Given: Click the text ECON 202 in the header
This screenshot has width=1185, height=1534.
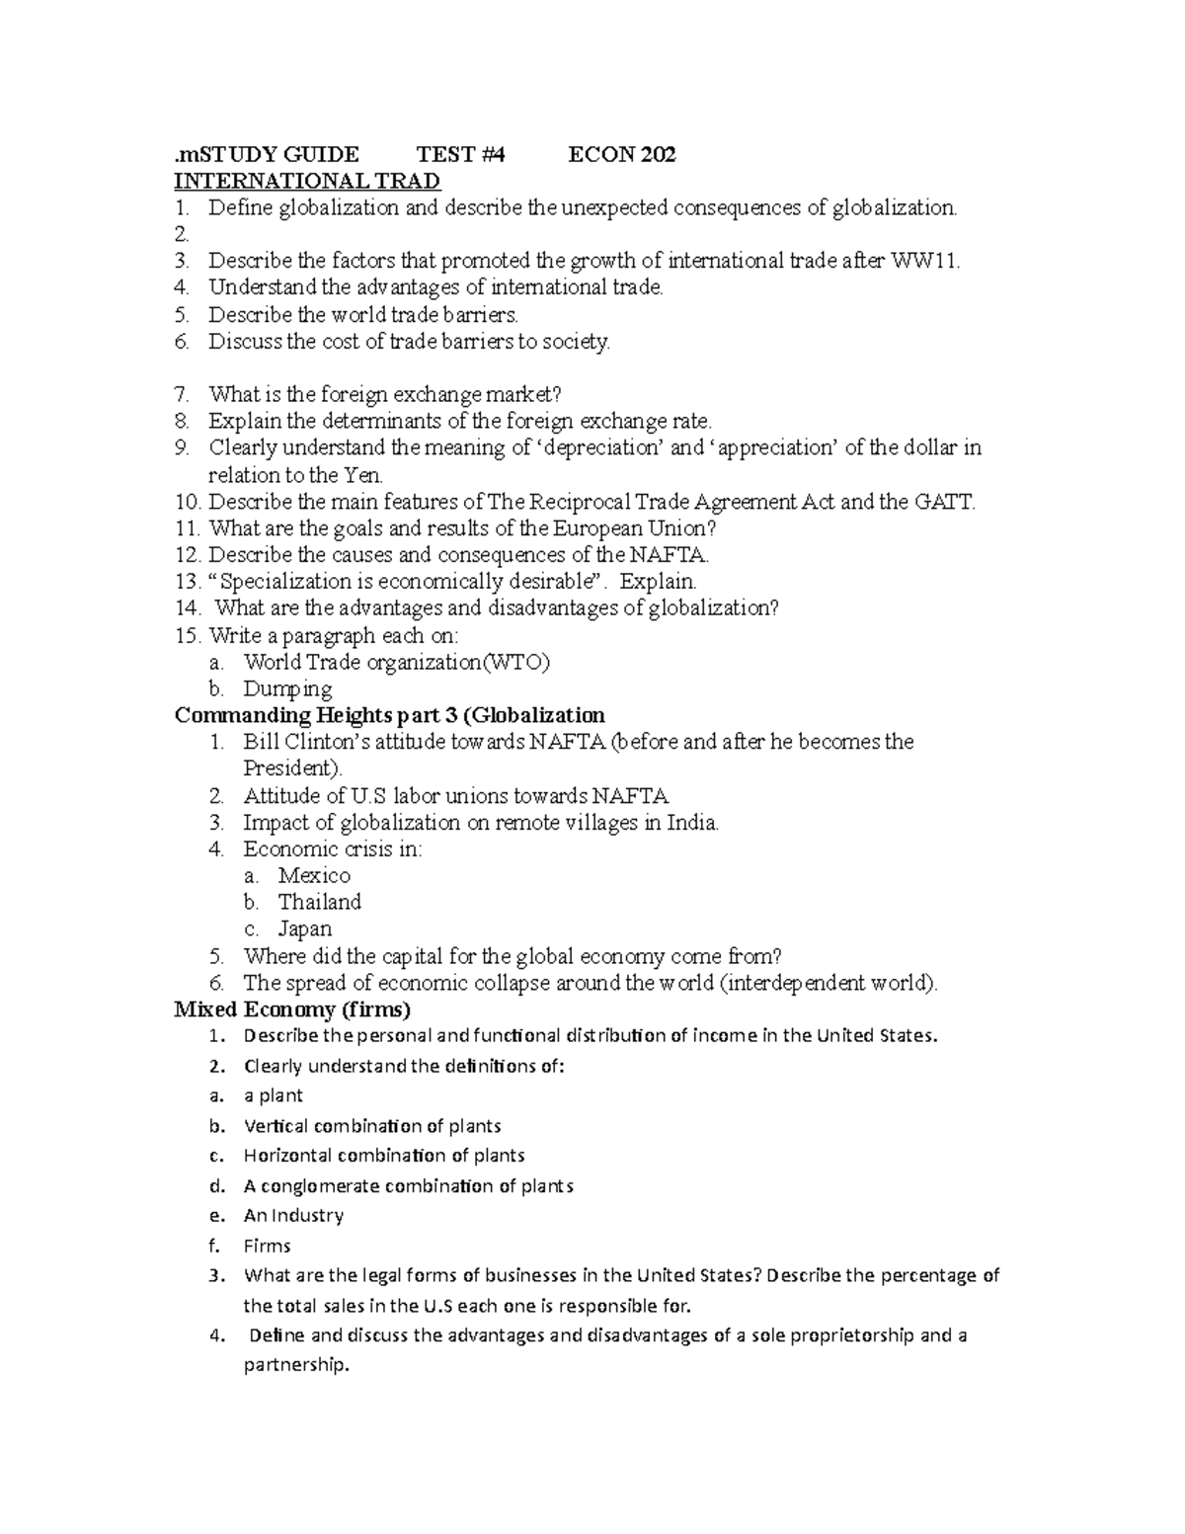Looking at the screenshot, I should (621, 154).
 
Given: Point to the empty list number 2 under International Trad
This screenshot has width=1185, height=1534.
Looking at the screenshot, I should (180, 234).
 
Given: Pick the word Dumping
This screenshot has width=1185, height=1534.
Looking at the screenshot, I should (287, 688).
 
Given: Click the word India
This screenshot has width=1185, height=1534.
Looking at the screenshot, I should (693, 822).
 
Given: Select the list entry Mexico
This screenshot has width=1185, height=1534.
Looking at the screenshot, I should (314, 875).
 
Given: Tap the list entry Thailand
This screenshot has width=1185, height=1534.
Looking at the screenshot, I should (319, 902).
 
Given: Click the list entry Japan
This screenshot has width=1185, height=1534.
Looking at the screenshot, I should (305, 928).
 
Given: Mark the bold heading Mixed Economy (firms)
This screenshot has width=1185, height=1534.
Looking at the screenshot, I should (292, 1009).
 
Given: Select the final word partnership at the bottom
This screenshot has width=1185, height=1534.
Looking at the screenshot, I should (296, 1366).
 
